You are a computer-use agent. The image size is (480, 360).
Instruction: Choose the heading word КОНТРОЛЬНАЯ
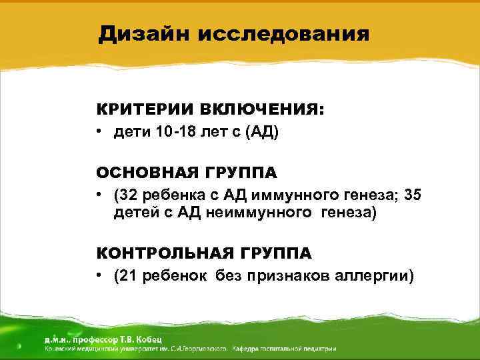(x=159, y=254)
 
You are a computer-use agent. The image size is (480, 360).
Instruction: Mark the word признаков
(x=291, y=275)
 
